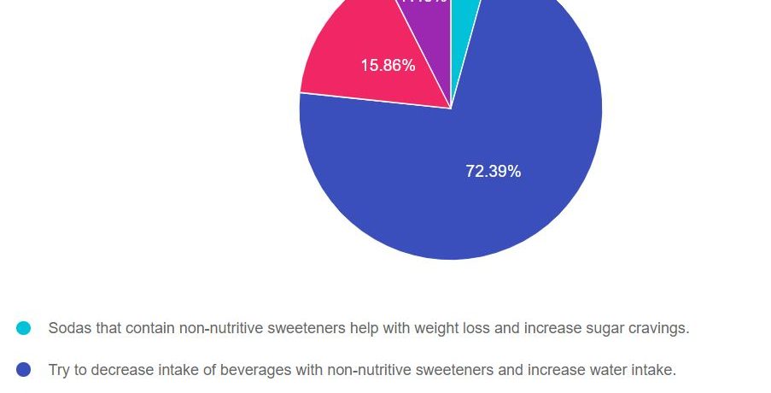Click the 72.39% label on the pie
[493, 172]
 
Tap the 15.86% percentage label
[388, 65]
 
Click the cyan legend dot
[24, 328]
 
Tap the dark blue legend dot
[24, 370]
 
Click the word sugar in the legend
[606, 328]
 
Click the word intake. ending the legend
[654, 370]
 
